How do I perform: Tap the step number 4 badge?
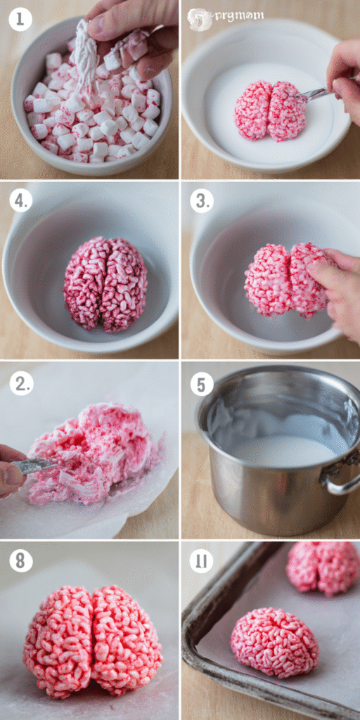click(x=21, y=201)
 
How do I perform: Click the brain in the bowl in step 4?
click(x=105, y=283)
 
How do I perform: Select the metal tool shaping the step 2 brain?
click(x=35, y=465)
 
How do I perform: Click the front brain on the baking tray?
click(x=274, y=642)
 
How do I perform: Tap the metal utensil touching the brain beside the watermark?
click(x=314, y=94)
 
